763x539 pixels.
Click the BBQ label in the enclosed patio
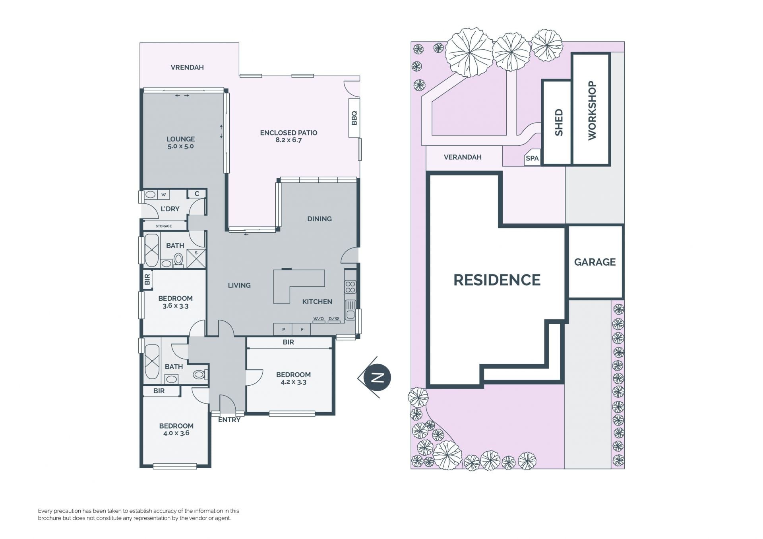354,118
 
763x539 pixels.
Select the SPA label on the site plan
532,158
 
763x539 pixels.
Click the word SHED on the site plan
559,122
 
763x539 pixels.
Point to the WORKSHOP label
592,110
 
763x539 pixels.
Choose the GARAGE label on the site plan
595,262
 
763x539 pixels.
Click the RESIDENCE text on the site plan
497,280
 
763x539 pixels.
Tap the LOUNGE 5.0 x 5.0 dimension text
180,146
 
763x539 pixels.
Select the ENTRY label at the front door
229,420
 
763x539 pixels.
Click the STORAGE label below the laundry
164,226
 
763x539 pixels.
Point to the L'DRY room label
170,209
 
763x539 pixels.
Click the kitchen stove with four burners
350,286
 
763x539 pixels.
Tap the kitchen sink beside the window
350,310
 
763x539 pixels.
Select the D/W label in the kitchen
334,319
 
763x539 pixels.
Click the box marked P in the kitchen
283,329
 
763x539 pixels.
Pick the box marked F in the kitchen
302,329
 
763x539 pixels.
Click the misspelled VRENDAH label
187,68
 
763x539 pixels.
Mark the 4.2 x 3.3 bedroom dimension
293,382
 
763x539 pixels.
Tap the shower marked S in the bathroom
196,258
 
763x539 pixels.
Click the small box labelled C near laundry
197,194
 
